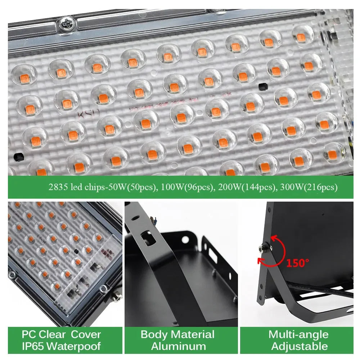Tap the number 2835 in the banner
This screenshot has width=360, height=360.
pyautogui.click(x=58, y=187)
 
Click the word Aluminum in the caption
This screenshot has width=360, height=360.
pyautogui.click(x=178, y=347)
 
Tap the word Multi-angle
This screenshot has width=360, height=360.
pyautogui.click(x=298, y=334)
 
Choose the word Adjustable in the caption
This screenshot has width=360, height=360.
pyautogui.click(x=299, y=347)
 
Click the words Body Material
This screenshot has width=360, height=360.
pyautogui.click(x=177, y=334)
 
